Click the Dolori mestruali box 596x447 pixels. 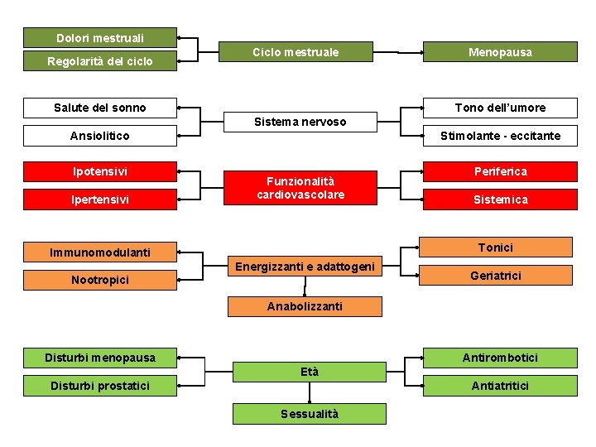pyautogui.click(x=100, y=38)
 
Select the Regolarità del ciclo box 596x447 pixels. pyautogui.click(x=100, y=61)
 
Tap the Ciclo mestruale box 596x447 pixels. pyautogui.click(x=296, y=52)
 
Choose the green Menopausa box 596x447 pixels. pyautogui.click(x=500, y=52)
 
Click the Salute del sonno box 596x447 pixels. pyautogui.click(x=100, y=108)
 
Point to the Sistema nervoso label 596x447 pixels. pyautogui.click(x=300, y=122)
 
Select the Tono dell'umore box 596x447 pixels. pyautogui.click(x=500, y=108)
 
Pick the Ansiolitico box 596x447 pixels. pyautogui.click(x=100, y=136)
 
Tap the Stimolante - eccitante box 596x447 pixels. pyautogui.click(x=500, y=136)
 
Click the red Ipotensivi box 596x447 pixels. pyautogui.click(x=100, y=171)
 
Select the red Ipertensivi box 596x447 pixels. pyautogui.click(x=100, y=199)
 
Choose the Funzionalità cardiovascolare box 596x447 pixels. pyautogui.click(x=300, y=188)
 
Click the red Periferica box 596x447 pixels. pyautogui.click(x=500, y=171)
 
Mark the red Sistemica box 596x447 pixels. pyautogui.click(x=500, y=199)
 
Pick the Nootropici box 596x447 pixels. pyautogui.click(x=100, y=281)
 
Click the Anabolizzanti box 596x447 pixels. pyautogui.click(x=305, y=306)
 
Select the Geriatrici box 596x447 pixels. pyautogui.click(x=496, y=276)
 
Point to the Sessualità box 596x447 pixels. pyautogui.click(x=310, y=414)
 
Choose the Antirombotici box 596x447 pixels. pyautogui.click(x=500, y=358)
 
